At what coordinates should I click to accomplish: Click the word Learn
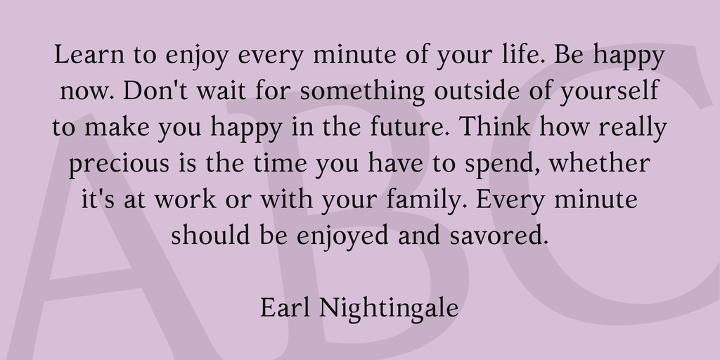tap(89, 54)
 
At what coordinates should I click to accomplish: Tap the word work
tap(185, 199)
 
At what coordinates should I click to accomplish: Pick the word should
tap(210, 235)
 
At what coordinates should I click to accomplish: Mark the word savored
tap(499, 235)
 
